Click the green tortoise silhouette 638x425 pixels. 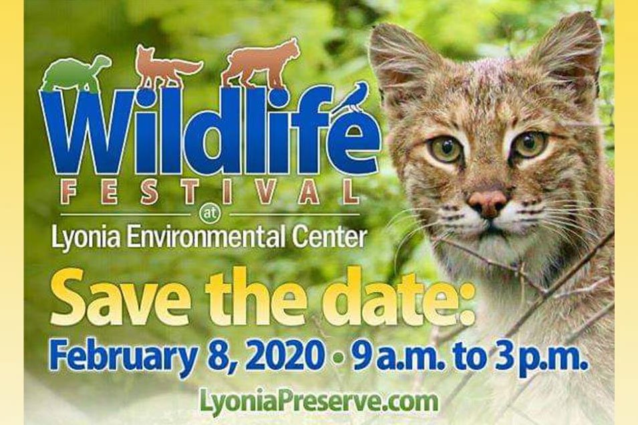point(75,73)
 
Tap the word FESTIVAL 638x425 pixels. point(210,192)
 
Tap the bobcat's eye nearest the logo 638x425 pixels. point(445,150)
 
